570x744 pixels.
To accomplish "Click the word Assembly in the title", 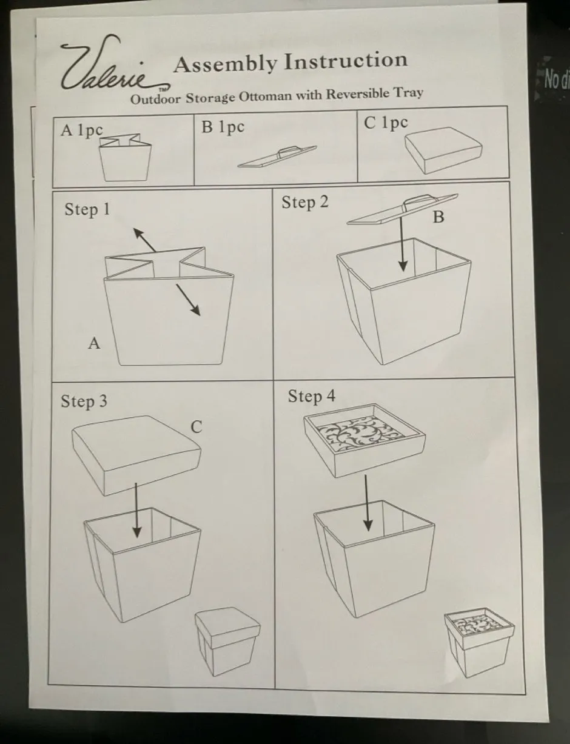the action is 225,64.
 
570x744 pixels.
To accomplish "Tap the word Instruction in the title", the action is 346,61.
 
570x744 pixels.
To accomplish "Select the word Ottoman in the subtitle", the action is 266,96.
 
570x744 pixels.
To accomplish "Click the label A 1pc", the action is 81,130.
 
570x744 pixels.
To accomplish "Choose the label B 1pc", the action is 223,127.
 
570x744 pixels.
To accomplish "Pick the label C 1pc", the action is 386,122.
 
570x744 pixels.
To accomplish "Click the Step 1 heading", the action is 87,209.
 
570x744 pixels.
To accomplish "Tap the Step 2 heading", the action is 304,202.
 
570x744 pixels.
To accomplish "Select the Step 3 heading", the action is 84,401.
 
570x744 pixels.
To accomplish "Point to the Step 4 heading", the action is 311,396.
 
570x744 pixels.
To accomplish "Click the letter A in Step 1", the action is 94,343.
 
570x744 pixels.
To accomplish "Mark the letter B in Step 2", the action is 438,216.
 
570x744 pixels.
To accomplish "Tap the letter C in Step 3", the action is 196,427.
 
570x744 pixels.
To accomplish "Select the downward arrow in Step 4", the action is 367,503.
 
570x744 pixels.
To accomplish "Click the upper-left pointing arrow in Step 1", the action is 144,240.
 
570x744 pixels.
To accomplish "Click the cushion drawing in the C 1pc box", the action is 443,150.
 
